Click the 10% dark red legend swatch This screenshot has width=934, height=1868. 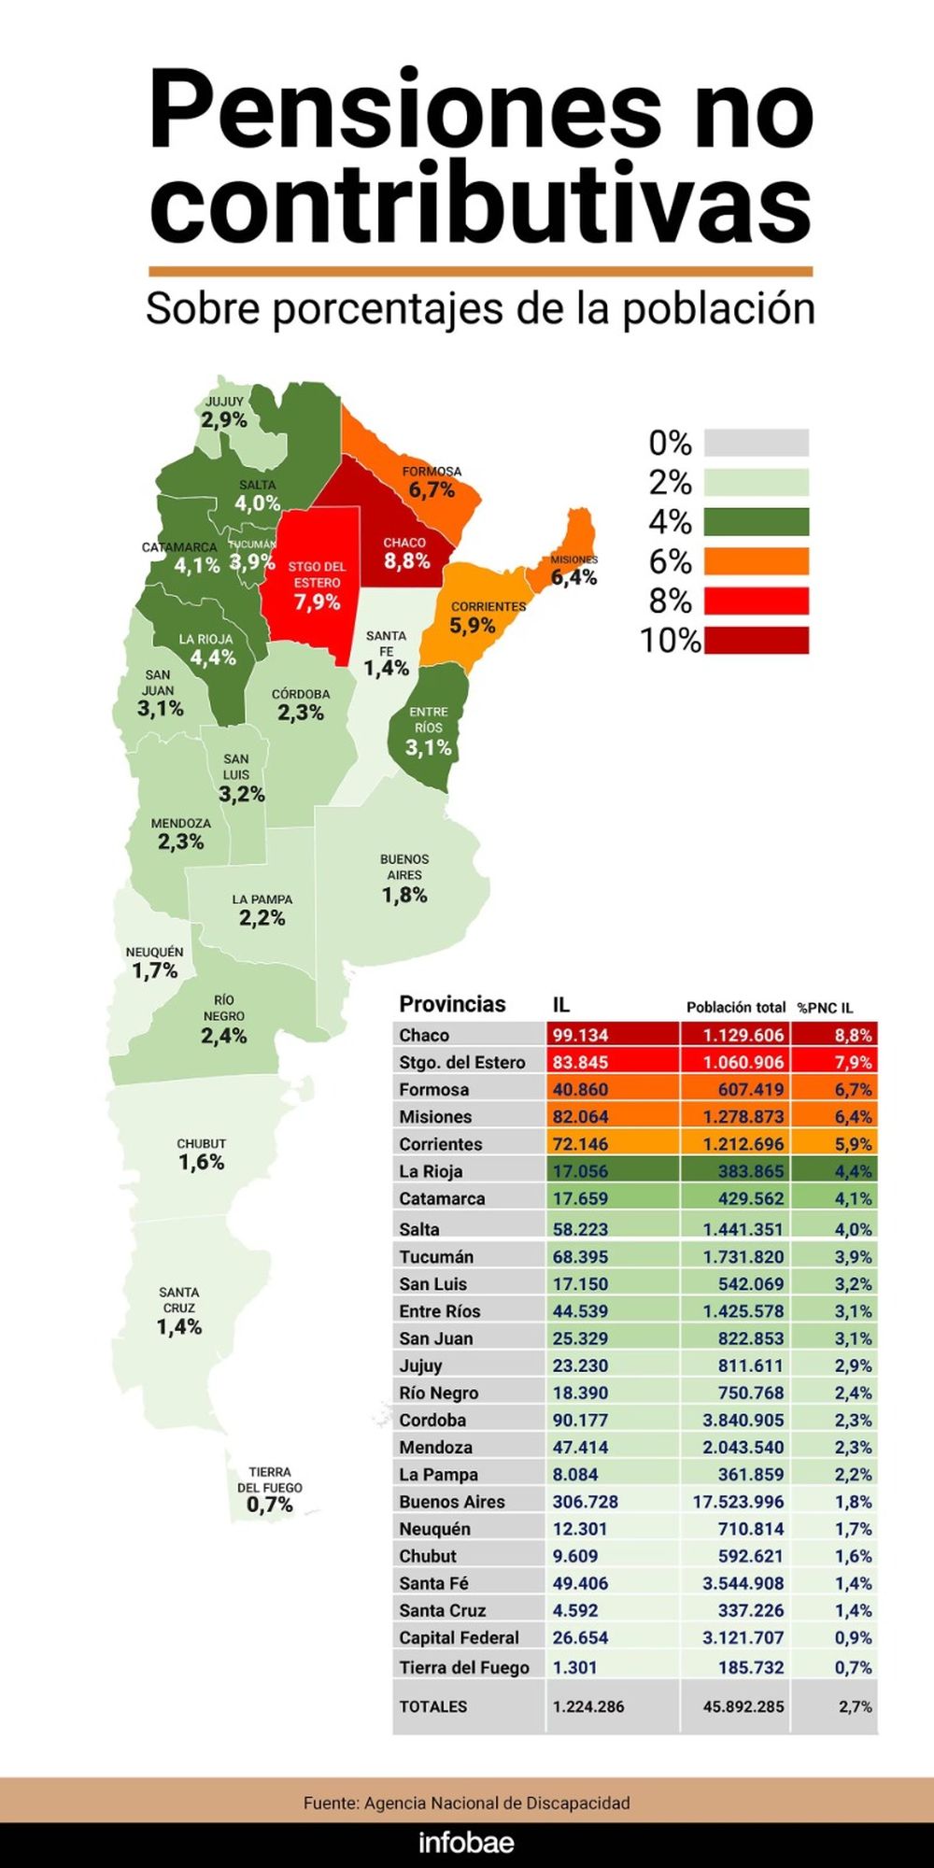pos(756,641)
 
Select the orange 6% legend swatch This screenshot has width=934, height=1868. pos(756,561)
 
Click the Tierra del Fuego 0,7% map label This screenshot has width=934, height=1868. pos(269,1490)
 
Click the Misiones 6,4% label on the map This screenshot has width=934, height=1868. pos(573,570)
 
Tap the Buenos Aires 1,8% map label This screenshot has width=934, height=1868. pos(404,878)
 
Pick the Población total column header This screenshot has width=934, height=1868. pos(735,1007)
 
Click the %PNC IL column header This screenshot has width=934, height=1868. pos(825,1008)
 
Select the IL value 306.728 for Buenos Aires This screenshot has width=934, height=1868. pos(585,1502)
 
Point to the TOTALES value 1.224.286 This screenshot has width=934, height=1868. pos(588,1706)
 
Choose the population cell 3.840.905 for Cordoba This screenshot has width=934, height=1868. pos(743,1420)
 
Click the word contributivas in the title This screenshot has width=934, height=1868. pos(480,205)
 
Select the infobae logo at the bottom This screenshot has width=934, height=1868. pos(466,1843)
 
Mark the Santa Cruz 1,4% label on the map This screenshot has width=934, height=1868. pos(178,1309)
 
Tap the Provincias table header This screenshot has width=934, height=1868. pos(452,1004)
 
